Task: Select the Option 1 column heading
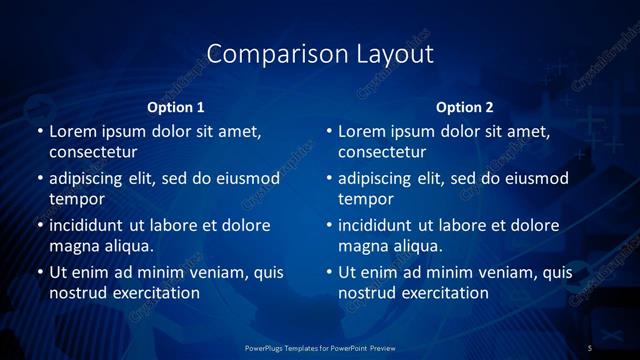176,107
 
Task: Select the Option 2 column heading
465,107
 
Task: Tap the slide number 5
590,347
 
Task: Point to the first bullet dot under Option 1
39,132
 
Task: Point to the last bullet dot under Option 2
329,272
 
